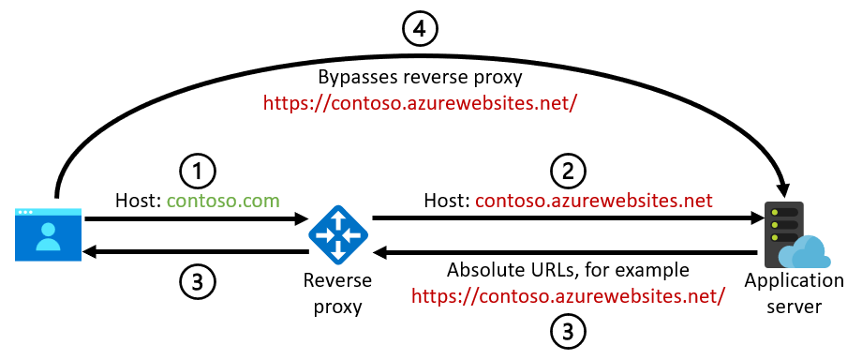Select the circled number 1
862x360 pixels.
click(198, 171)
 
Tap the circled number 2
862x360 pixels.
click(568, 171)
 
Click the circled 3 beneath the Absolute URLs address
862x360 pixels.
click(568, 331)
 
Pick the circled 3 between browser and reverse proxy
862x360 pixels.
click(198, 280)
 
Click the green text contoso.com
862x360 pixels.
click(226, 200)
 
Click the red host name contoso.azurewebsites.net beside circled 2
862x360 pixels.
click(594, 200)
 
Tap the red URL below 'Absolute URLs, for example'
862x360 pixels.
click(568, 296)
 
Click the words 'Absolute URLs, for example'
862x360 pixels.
click(568, 270)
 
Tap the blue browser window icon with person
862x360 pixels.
click(46, 233)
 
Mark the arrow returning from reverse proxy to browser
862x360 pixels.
click(197, 251)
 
